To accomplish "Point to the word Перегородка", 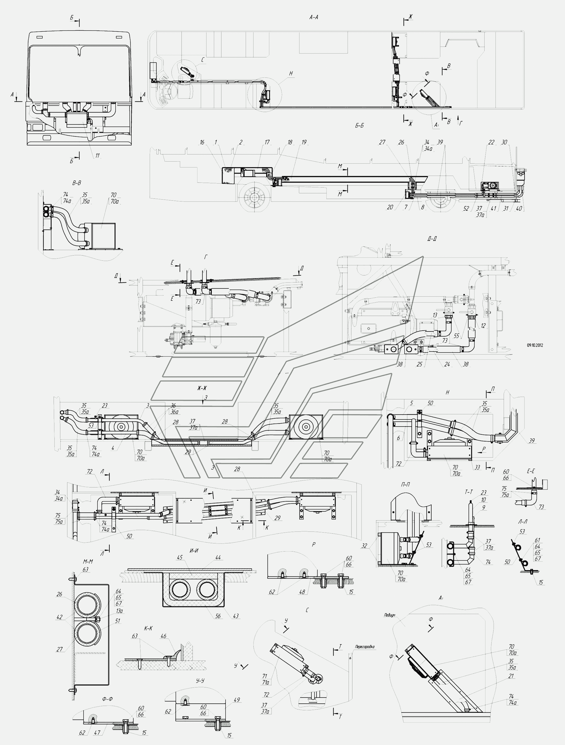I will (x=364, y=647).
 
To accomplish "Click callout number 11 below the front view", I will (x=97, y=156).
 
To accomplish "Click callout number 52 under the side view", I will (x=466, y=208).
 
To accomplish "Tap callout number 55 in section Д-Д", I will (x=456, y=336).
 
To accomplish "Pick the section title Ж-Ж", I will (x=202, y=388).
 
